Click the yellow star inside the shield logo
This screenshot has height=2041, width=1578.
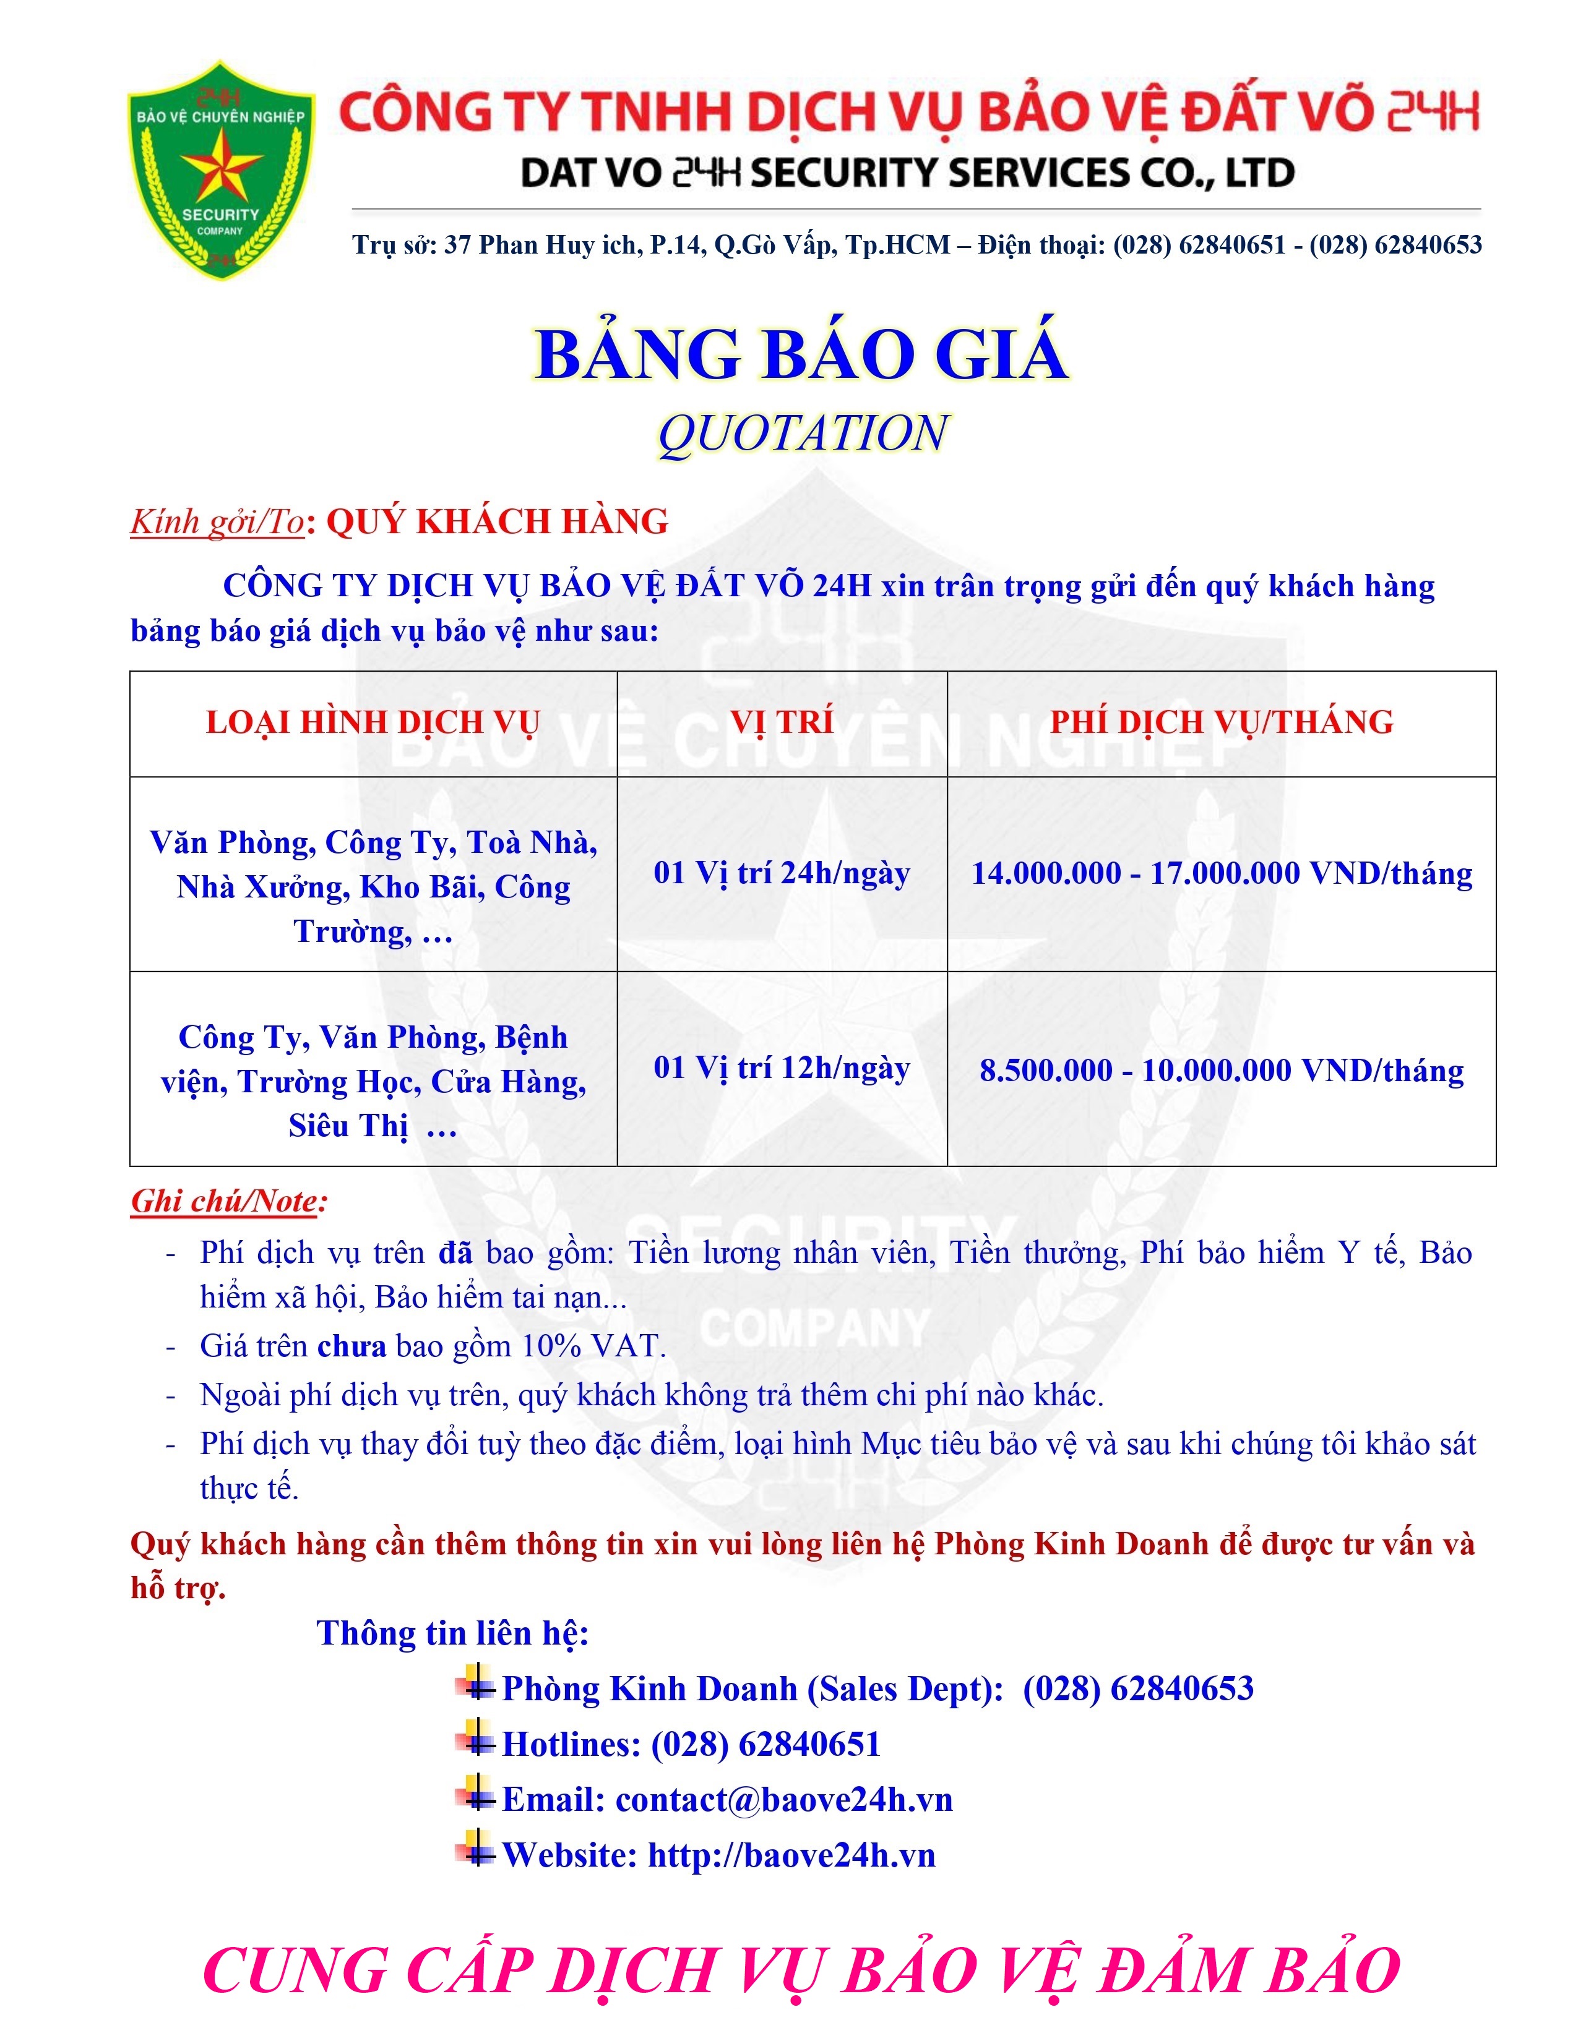(222, 166)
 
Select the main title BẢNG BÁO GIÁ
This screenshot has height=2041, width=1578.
(801, 354)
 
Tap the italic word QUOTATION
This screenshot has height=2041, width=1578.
(802, 433)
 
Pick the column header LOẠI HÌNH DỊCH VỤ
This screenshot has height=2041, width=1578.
(373, 722)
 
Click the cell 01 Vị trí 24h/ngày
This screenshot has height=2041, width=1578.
(782, 873)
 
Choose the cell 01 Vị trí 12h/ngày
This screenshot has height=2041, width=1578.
(782, 1068)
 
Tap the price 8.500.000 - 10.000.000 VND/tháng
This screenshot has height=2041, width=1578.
(1221, 1070)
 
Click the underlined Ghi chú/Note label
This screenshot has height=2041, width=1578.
(228, 1201)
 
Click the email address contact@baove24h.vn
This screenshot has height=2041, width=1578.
(783, 1799)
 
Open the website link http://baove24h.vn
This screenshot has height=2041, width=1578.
(791, 1854)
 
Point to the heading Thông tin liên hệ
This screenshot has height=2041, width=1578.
(452, 1633)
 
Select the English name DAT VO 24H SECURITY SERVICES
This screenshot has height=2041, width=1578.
(907, 173)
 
